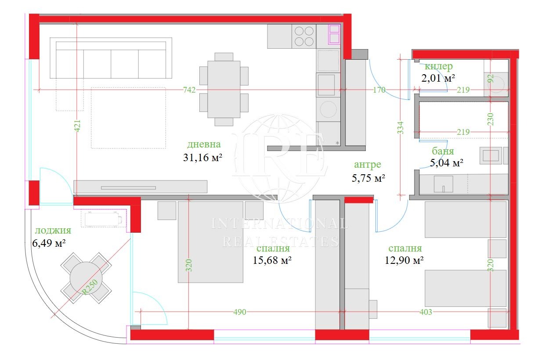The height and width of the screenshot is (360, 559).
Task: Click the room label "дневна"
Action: pos(204,144)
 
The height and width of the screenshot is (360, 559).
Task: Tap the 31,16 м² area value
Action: pos(202,158)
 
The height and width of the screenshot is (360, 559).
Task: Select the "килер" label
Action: pos(439,66)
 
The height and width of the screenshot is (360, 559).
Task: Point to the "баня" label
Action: pos(443,151)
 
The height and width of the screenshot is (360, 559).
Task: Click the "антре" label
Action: pos(368,164)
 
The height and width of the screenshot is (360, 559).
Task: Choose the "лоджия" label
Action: pos(53,230)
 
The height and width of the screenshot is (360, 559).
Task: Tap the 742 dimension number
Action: pos(189,90)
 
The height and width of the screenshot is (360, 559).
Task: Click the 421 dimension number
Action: pos(77,126)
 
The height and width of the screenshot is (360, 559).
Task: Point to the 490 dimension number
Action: pos(240,312)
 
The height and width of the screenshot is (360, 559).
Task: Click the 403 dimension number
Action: pos(426,312)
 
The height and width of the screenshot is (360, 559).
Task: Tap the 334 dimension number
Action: pos(400,127)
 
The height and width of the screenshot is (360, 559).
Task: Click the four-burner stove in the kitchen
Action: pos(304,36)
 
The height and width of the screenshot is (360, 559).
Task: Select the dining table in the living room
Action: pos(224,89)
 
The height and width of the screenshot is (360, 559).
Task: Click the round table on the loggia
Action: pos(86,278)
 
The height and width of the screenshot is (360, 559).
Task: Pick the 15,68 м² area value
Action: pos(272,260)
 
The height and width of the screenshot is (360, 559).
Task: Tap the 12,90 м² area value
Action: pos(404,260)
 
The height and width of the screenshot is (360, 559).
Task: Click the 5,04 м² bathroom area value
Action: pos(447,163)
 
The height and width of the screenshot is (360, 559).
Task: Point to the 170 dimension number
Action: pos(379,90)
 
